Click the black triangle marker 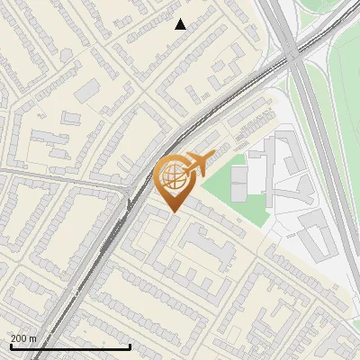pyautogui.click(x=181, y=25)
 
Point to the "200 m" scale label pyautogui.click(x=23, y=338)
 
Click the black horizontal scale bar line pyautogui.click(x=70, y=346)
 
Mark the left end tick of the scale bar pyautogui.click(x=10, y=346)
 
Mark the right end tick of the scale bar pyautogui.click(x=130, y=346)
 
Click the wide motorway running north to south pyautogui.click(x=319, y=135)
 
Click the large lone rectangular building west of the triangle pyautogui.click(x=88, y=90)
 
